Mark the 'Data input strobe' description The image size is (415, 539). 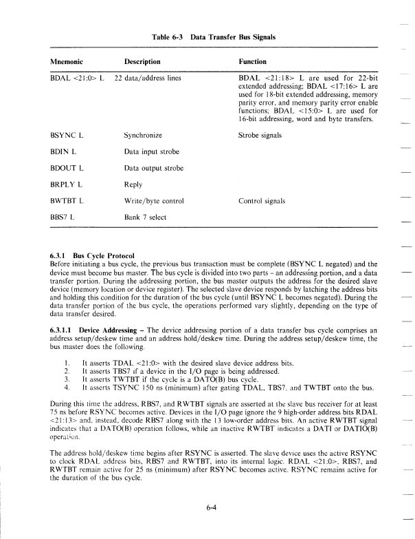coord(153,152)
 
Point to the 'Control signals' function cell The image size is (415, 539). coord(262,202)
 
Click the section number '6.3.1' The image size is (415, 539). coord(60,255)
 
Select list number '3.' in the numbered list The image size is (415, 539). coord(66,379)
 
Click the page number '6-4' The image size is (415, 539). coord(212,508)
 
